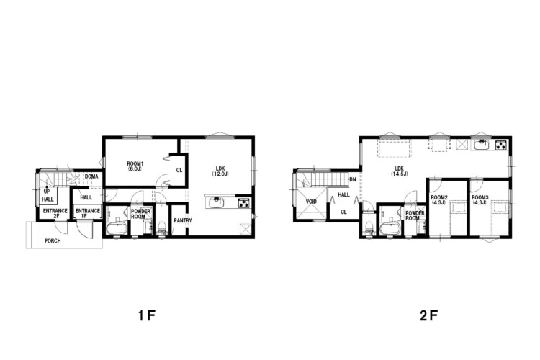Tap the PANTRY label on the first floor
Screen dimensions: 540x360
[183, 220]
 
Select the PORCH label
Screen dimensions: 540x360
[53, 240]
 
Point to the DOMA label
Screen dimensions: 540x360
[91, 176]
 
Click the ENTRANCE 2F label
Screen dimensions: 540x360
[55, 213]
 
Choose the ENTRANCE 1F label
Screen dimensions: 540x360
[88, 213]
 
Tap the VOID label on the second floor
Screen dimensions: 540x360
[311, 202]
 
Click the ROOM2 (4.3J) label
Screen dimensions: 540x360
[439, 200]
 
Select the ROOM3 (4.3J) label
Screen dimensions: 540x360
[480, 200]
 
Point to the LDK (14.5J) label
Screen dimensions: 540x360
[399, 171]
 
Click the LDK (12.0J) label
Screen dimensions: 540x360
[220, 171]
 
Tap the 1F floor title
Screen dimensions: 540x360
[147, 315]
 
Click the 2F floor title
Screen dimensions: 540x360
[429, 315]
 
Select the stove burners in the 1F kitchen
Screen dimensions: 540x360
[244, 204]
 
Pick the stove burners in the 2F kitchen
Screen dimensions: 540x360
[501, 145]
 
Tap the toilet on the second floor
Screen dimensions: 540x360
[369, 228]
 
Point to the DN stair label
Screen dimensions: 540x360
[353, 179]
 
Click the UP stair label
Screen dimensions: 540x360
[47, 192]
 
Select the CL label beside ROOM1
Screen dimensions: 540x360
[179, 170]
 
